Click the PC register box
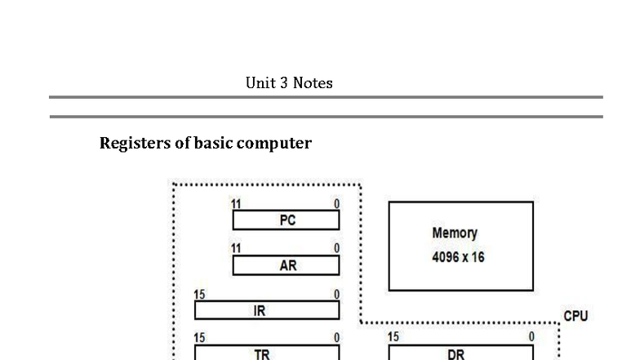286,220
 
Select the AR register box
286,265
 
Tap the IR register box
267,310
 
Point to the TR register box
267,353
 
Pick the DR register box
460,353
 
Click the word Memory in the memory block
455,233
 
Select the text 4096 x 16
458,257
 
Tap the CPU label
576,316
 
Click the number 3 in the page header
284,83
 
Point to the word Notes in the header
313,83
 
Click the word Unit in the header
260,83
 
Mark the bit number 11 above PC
236,204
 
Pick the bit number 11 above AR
236,248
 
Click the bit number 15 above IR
199,294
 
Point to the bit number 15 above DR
393,336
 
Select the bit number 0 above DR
531,336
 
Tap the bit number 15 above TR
199,338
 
